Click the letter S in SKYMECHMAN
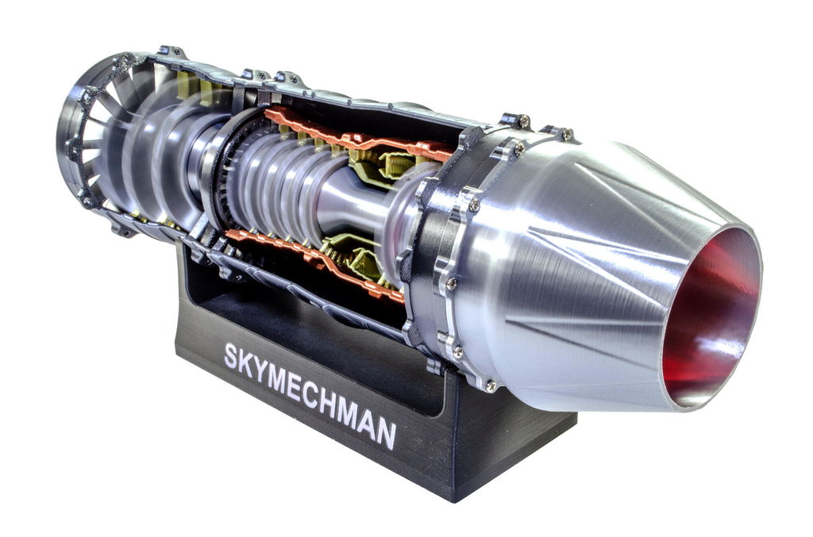231,357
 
